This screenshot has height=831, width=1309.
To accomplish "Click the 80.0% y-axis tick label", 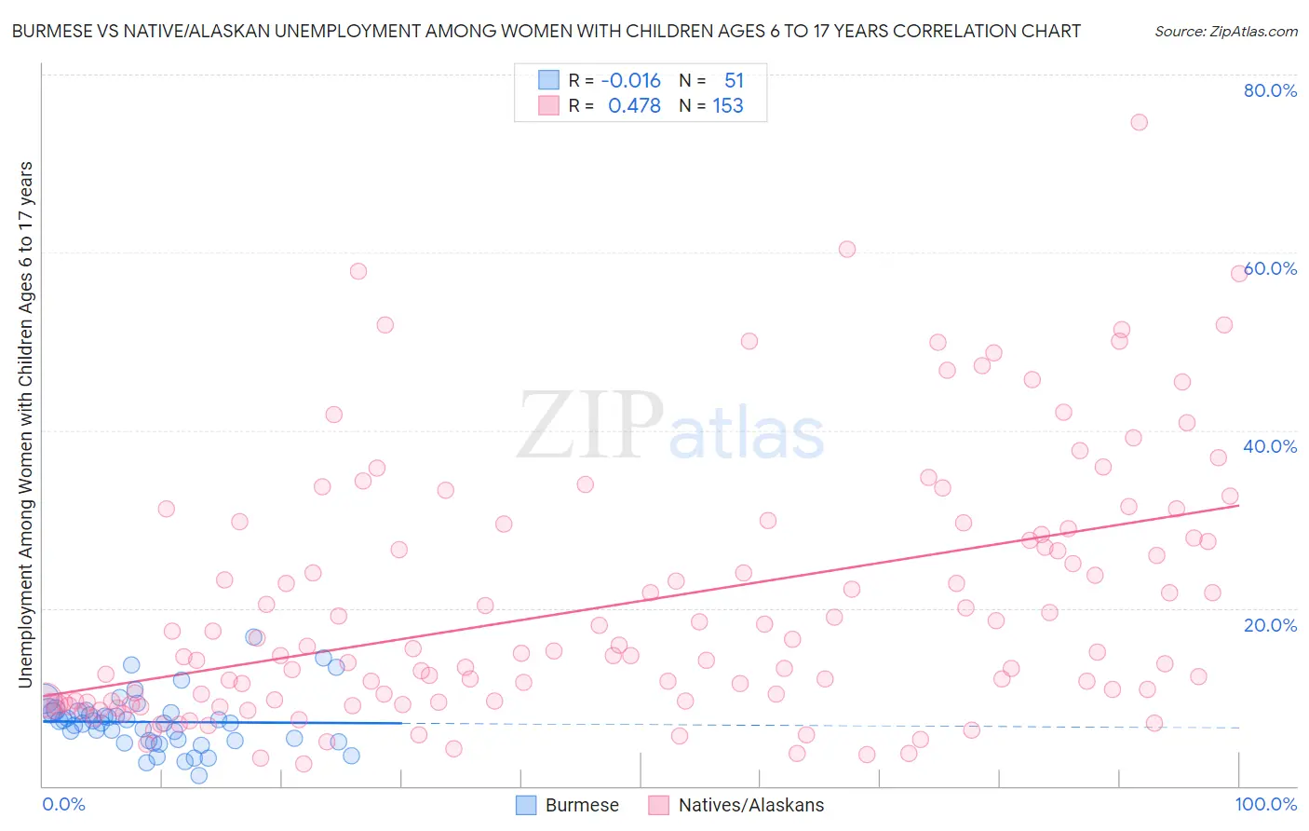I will (1270, 90).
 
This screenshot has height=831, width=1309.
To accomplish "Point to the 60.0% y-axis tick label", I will (1270, 268).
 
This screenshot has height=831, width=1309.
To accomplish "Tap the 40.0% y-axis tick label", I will (1270, 446).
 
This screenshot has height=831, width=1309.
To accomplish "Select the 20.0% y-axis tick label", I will (1270, 624).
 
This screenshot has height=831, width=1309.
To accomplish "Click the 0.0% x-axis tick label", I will (63, 804).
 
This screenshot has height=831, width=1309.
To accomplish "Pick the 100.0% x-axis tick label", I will (1265, 804).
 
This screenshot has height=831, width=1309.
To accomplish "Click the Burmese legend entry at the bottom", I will (581, 805).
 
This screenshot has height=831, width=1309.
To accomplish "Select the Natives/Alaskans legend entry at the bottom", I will (750, 805).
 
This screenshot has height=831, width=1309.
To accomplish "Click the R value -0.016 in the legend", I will (630, 80).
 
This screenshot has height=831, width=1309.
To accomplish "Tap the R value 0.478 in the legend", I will (634, 106).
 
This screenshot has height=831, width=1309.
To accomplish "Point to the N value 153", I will (728, 106).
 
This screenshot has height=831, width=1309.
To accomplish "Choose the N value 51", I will (734, 80).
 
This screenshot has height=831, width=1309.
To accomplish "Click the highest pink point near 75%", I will (1139, 122).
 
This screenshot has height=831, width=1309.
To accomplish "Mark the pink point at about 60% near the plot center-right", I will (846, 249).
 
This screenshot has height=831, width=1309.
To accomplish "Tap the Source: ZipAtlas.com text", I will (1225, 31).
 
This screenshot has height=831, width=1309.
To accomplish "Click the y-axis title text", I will (25, 424).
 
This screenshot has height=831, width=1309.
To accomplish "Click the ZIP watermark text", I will (589, 426).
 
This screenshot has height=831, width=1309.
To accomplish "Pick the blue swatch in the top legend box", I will (548, 80).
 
